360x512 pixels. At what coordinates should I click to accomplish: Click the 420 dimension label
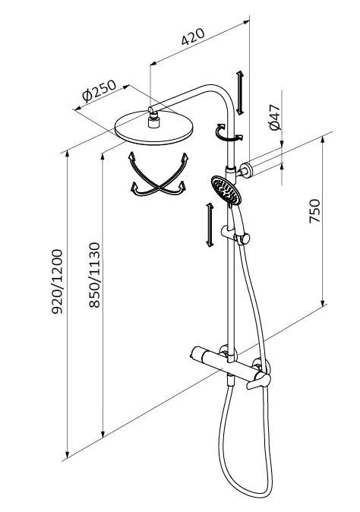click(193, 36)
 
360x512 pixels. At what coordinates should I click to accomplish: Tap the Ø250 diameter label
click(99, 91)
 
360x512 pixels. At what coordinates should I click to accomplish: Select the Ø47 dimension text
click(275, 117)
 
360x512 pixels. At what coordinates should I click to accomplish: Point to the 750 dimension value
click(314, 211)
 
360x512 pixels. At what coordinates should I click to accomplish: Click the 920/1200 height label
click(57, 282)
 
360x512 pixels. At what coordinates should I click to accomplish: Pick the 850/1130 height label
click(94, 275)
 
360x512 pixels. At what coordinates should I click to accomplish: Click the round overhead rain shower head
click(153, 128)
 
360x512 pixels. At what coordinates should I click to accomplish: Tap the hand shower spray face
click(226, 190)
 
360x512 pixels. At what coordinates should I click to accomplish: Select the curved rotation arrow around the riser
click(228, 133)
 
